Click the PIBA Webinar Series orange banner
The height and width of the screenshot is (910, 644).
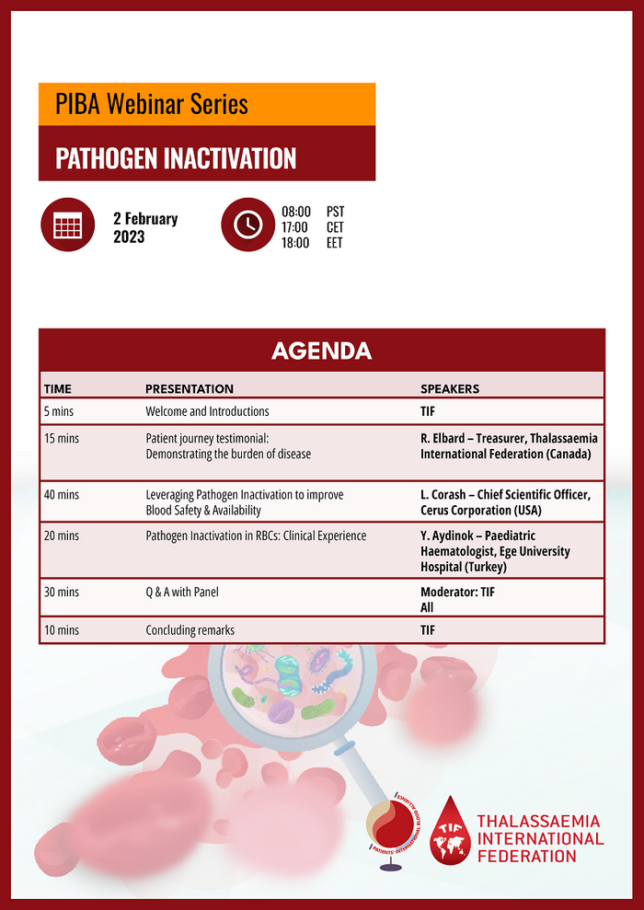pos(206,104)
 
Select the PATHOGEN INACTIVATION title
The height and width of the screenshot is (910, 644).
pos(176,158)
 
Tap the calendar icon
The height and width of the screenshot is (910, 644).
pos(67,225)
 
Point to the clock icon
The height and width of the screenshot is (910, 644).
pos(247,225)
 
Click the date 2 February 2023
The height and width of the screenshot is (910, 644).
pos(145,227)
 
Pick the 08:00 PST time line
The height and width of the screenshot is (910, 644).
pos(313,212)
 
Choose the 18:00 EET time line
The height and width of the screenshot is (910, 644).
pos(313,244)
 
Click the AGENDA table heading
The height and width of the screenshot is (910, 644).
pos(321,351)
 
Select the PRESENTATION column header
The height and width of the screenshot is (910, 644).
pos(190,389)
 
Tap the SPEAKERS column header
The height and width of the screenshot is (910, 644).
pos(450,389)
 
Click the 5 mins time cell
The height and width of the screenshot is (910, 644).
pos(59,411)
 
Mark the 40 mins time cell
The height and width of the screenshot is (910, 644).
pos(62,495)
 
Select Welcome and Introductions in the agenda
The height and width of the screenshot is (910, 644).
pos(207,411)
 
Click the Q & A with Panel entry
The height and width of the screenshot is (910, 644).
pos(187,593)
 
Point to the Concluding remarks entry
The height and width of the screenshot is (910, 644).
pos(190,630)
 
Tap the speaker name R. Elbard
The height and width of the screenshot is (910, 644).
pos(443,439)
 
